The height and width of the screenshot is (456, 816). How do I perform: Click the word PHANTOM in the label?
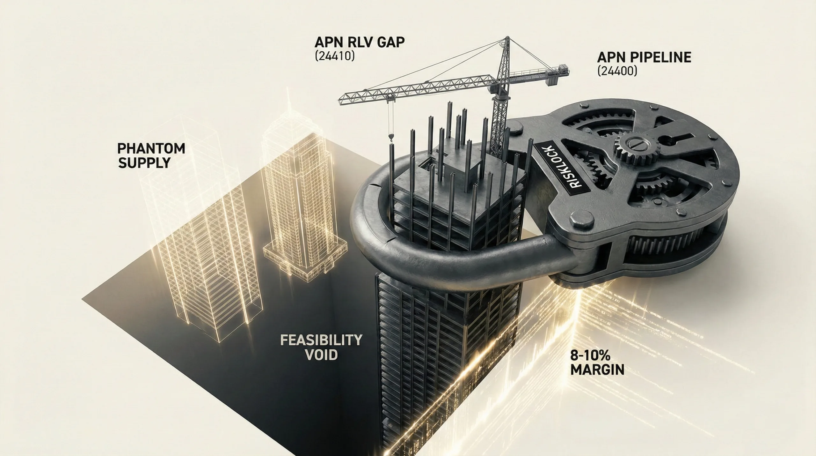pyautogui.click(x=151, y=149)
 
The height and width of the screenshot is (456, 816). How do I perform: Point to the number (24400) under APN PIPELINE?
pyautogui.click(x=617, y=71)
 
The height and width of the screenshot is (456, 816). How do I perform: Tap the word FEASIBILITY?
pyautogui.click(x=321, y=340)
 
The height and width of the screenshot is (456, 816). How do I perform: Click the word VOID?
pyautogui.click(x=321, y=355)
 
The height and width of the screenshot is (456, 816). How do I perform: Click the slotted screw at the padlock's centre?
pyautogui.click(x=633, y=145)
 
